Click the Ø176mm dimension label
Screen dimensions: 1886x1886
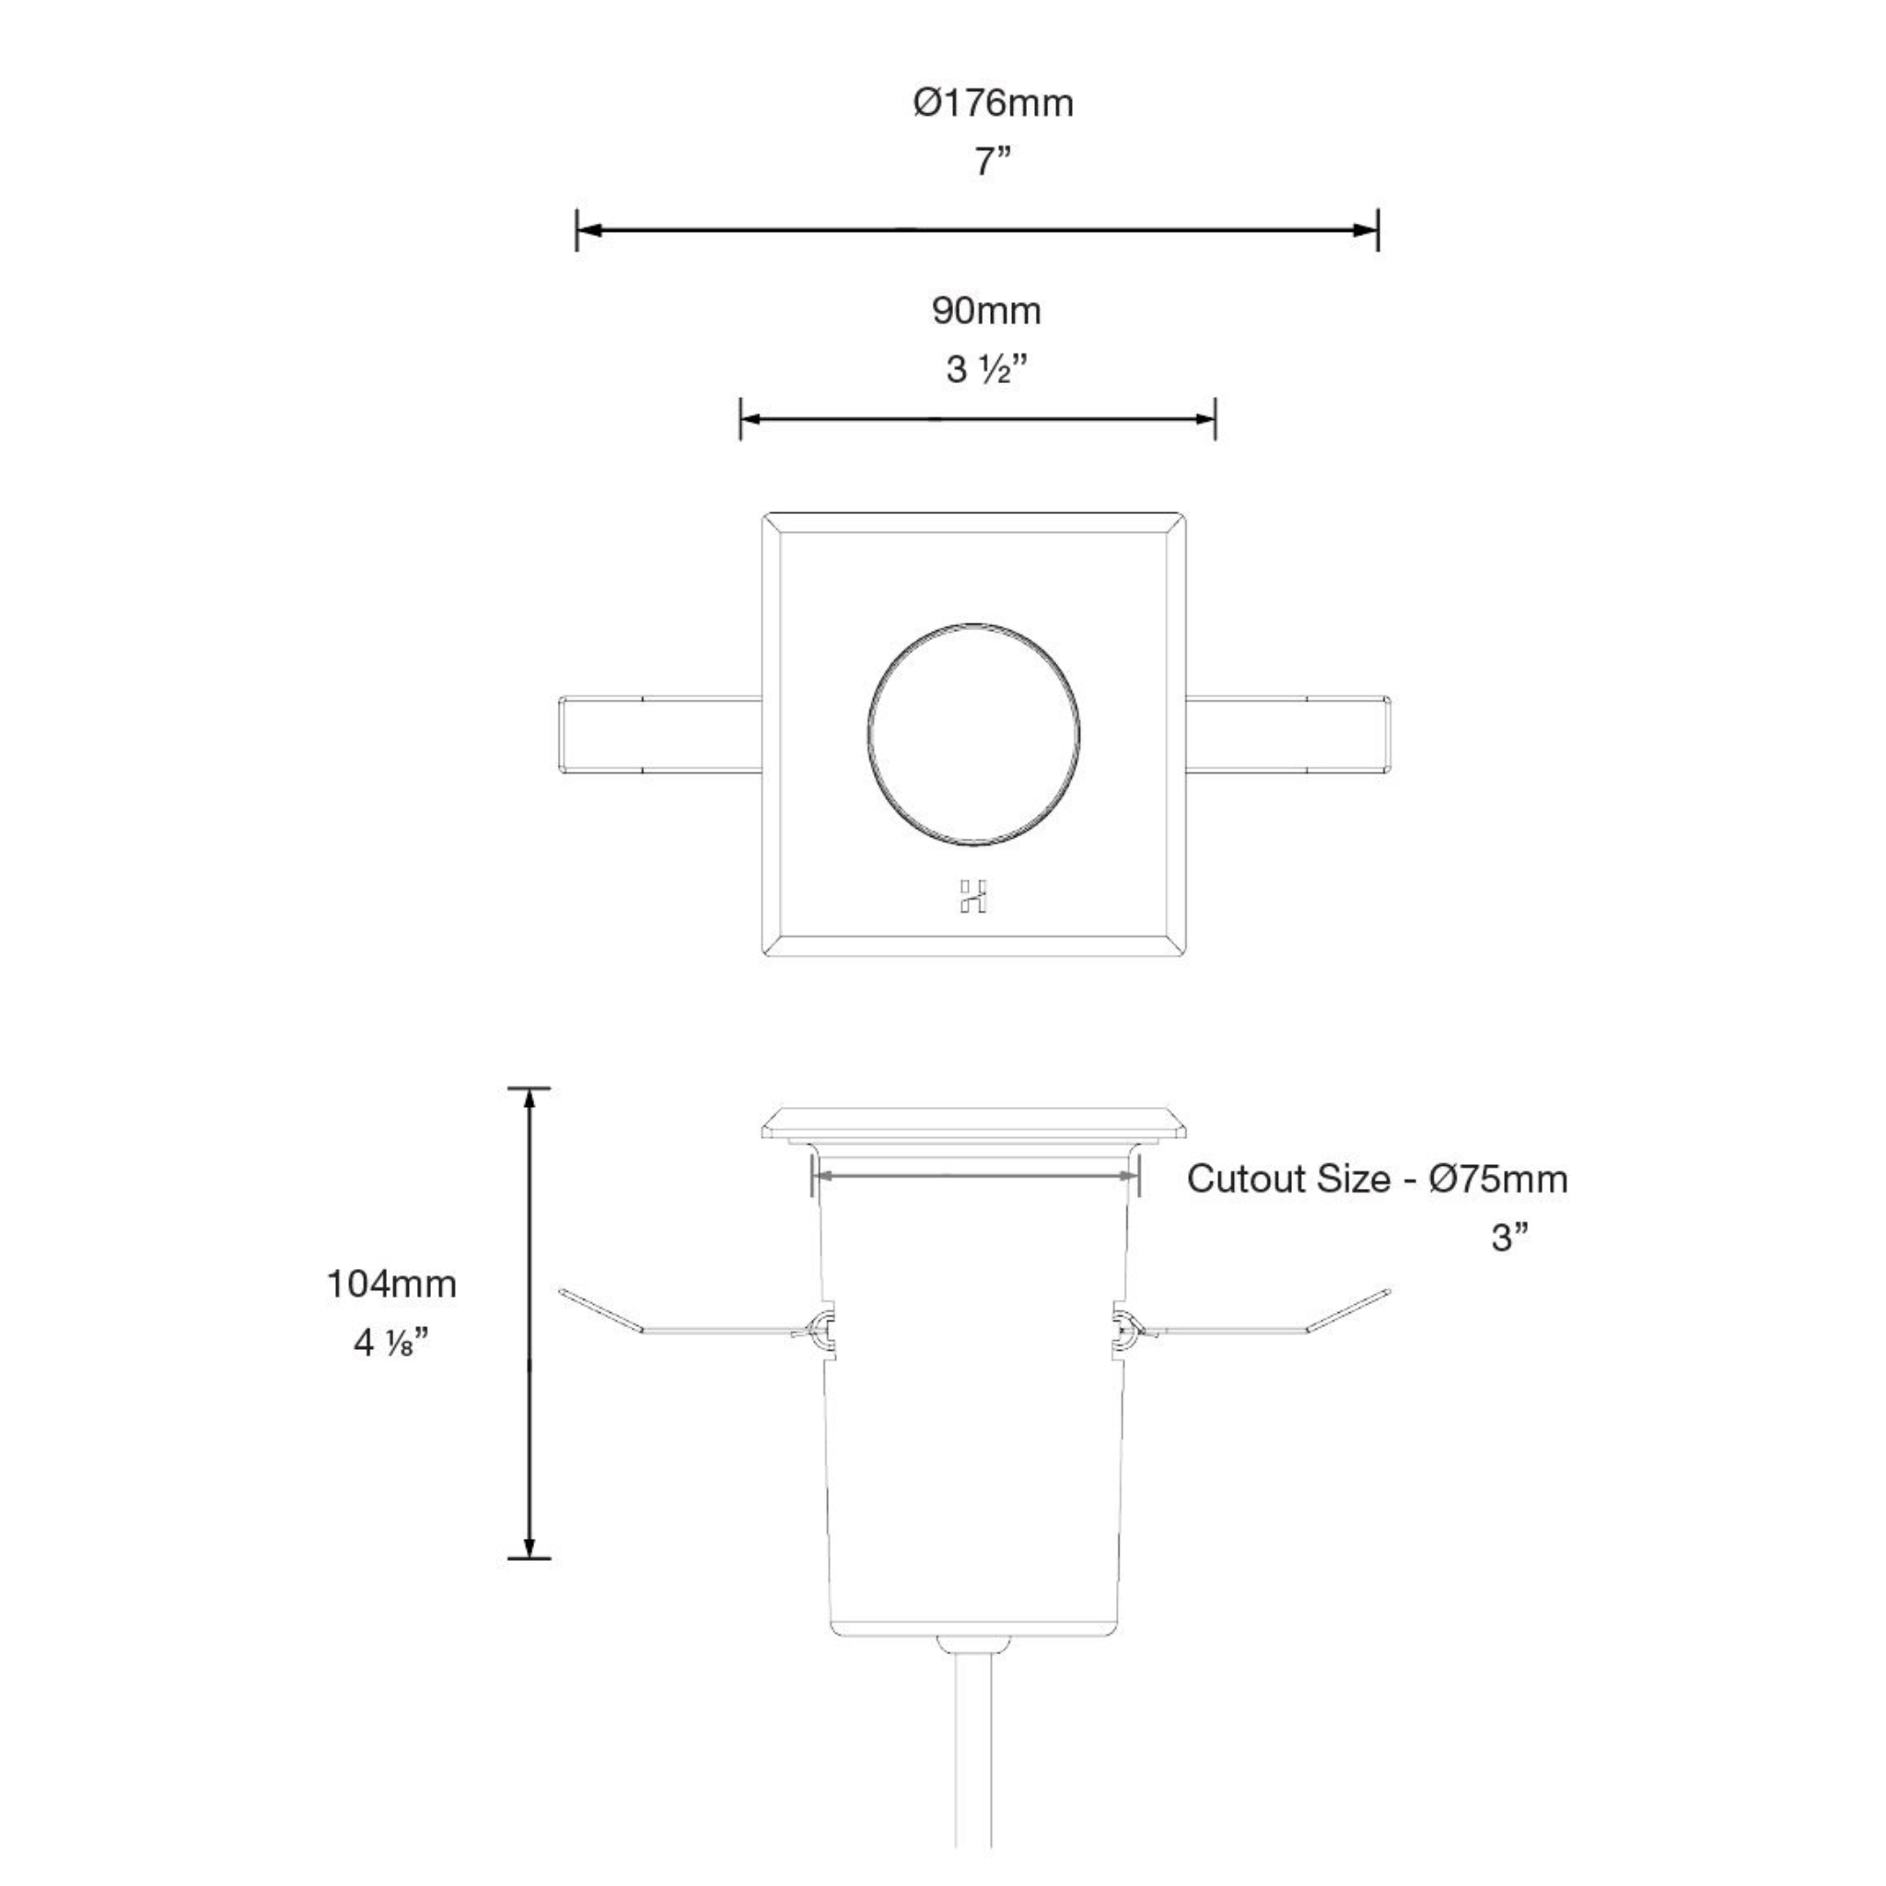[993, 103]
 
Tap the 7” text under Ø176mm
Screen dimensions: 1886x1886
[992, 162]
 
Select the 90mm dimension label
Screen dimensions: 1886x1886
[986, 311]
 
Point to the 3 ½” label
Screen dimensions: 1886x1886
[987, 370]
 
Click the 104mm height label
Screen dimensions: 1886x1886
[390, 1285]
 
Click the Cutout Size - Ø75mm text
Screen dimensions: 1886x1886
[1377, 1180]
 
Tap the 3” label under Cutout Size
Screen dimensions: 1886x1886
[1508, 1238]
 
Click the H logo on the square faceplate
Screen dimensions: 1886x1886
[972, 896]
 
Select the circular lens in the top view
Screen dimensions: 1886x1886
[973, 732]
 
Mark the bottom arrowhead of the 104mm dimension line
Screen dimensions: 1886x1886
[530, 1548]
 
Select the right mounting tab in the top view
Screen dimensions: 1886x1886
[1286, 734]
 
